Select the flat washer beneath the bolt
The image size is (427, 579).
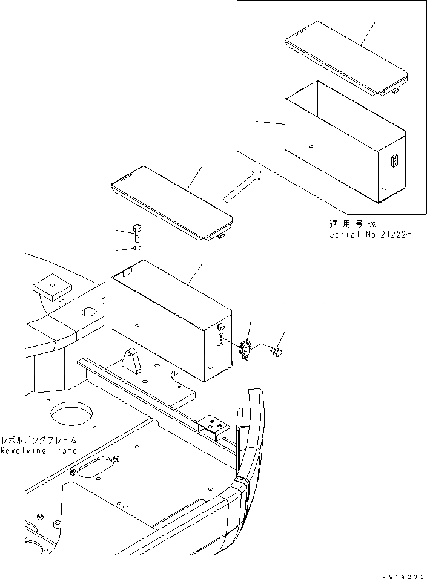[x=137, y=249]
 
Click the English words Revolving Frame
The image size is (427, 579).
[x=39, y=451]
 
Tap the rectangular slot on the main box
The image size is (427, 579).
[x=220, y=339]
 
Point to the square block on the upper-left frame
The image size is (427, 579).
[x=51, y=287]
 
